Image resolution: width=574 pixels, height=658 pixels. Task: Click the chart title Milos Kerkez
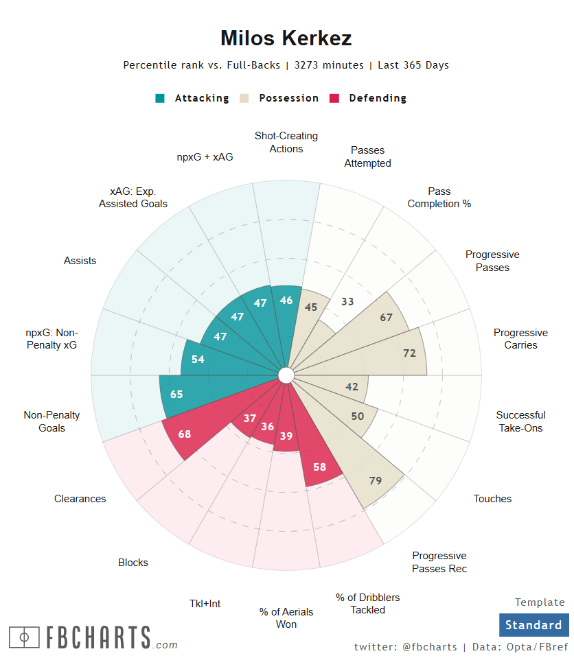[286, 38]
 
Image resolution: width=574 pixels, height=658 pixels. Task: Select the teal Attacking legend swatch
[160, 98]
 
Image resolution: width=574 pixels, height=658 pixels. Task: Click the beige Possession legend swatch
[244, 98]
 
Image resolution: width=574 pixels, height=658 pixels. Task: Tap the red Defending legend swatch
[335, 98]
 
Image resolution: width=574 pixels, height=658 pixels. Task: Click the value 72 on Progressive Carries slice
[410, 353]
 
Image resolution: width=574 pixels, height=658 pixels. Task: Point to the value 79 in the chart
[376, 480]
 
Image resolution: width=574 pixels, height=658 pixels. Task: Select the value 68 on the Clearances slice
[185, 434]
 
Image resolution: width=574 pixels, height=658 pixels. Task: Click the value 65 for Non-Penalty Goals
[176, 394]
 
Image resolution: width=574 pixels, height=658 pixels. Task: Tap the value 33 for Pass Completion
[348, 301]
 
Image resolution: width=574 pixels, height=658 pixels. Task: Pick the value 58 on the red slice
[320, 467]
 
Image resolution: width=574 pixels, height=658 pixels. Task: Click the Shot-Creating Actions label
[286, 142]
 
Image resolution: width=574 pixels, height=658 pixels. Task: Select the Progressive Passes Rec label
[439, 562]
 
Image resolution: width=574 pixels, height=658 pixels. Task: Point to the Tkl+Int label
[205, 604]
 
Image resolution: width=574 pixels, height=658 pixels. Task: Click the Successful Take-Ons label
[520, 421]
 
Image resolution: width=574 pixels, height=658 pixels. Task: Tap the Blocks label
[133, 563]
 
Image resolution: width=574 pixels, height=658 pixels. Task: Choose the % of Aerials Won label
[286, 618]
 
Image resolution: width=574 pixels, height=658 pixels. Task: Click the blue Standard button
[533, 625]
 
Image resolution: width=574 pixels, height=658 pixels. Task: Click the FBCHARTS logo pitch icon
[24, 637]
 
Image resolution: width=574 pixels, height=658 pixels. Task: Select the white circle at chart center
[286, 375]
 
